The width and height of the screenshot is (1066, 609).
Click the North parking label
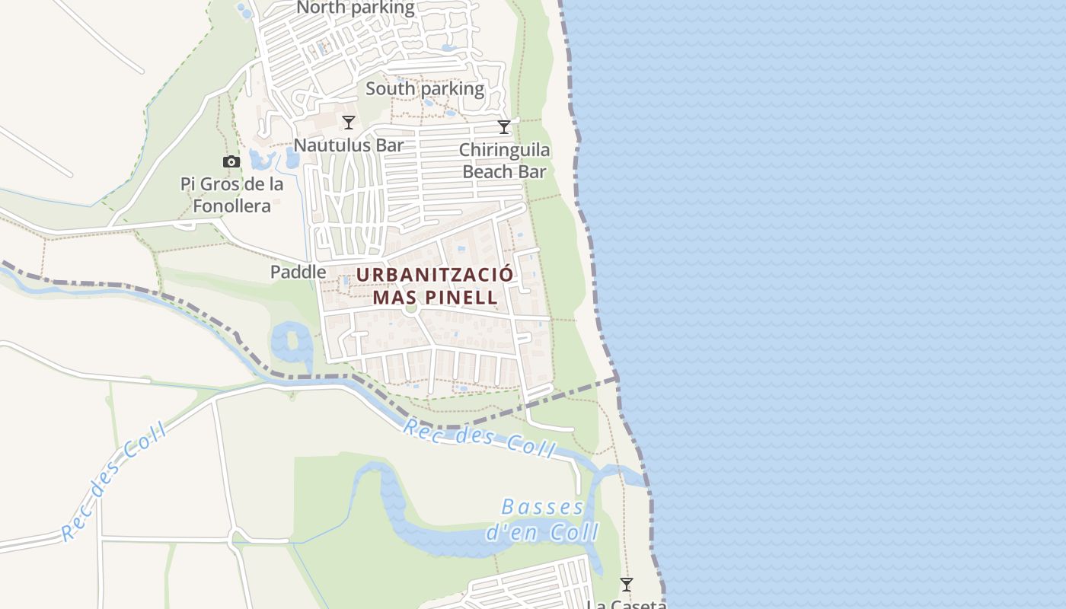[x=356, y=8]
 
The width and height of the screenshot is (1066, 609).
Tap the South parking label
[x=425, y=88]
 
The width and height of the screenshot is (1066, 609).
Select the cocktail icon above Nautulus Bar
[x=349, y=122]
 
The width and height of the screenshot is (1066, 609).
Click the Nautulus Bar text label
[x=349, y=145]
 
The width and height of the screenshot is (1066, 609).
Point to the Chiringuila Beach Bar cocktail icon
[x=504, y=126]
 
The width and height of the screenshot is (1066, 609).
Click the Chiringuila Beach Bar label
[x=504, y=161]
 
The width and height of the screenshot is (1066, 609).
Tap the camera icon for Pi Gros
[x=231, y=161]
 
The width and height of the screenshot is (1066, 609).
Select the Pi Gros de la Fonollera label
[x=232, y=195]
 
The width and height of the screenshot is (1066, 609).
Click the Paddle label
[x=298, y=272]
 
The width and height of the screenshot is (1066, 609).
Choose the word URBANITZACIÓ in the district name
[x=435, y=275]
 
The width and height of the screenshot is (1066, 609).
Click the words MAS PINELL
[x=435, y=297]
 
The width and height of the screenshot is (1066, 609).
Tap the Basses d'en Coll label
[x=543, y=519]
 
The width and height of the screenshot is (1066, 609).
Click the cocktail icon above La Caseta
[x=627, y=585]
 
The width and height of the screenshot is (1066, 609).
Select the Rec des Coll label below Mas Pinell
[x=479, y=439]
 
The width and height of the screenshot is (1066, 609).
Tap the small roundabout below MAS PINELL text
[x=411, y=308]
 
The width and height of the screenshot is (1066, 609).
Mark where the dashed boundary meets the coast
[x=617, y=377]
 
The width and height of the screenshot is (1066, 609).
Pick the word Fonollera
[x=231, y=206]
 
